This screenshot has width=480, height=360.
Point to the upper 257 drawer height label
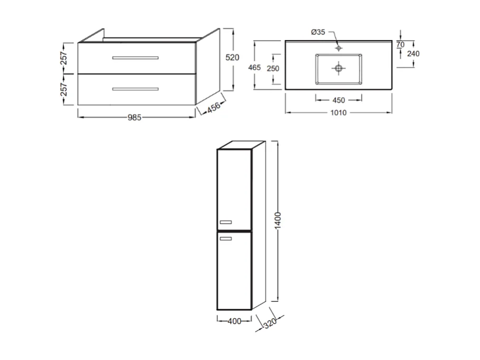coord(64,58)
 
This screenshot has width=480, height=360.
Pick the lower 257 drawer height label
coord(64,89)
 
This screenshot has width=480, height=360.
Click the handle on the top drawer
coord(136,58)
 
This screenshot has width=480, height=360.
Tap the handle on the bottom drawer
coord(136,89)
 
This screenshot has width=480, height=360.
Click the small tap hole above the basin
coord(338,48)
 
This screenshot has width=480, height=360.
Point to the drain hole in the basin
coord(338,68)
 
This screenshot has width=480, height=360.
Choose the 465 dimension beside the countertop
coord(255,67)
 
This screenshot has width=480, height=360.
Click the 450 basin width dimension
coord(338,100)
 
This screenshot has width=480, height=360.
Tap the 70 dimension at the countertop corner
coord(400,45)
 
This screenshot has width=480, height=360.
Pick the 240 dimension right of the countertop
coord(413,53)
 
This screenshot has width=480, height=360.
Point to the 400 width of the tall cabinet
coord(234,320)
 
